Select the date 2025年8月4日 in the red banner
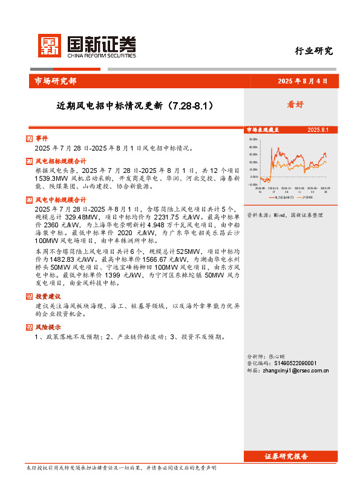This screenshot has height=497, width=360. pyautogui.click(x=303, y=81)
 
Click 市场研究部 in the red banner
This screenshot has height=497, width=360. pyautogui.click(x=55, y=81)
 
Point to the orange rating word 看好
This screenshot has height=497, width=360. pyautogui.click(x=295, y=104)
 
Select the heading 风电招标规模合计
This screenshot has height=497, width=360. pyautogui.click(x=60, y=161)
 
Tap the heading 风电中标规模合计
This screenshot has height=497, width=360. pyautogui.click(x=60, y=199)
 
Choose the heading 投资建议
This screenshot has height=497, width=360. pyautogui.click(x=48, y=296)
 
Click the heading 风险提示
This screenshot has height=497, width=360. pyautogui.click(x=48, y=327)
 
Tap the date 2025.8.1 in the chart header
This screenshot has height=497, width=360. pyautogui.click(x=317, y=130)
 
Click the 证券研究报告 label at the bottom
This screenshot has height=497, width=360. pyautogui.click(x=286, y=456)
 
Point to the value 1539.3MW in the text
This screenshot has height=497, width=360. pyautogui.click(x=50, y=179)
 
